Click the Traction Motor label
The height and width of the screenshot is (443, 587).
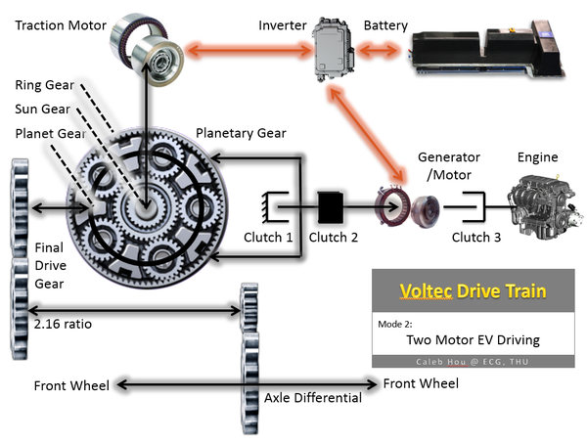pos(61,25)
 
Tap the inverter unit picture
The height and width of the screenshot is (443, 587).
pos(334,50)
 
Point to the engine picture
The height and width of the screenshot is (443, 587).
pos(546,207)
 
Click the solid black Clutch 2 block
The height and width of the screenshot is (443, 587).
pos(331,207)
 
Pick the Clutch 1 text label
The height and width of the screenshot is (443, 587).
pos(268,238)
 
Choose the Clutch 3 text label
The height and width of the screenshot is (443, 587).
pos(476,238)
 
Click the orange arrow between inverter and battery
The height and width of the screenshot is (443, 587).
pos(378,50)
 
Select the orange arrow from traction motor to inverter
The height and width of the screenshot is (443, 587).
pos(248,50)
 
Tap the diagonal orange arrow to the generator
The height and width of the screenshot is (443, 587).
pos(366,135)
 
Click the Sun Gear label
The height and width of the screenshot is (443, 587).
pos(43,109)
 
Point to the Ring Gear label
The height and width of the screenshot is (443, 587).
pos(45,85)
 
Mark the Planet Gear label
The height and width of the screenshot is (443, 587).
pos(51,134)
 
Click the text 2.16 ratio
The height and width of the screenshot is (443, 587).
pos(63,324)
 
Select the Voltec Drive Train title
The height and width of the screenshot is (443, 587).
pos(473,290)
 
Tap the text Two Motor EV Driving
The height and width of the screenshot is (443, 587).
pos(474,339)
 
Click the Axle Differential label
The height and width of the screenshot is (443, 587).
pos(313,398)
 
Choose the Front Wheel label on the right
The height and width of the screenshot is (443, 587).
pos(421,383)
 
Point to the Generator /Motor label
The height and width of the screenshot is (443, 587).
pos(449,165)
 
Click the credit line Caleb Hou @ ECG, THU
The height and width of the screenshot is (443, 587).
pos(473,362)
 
